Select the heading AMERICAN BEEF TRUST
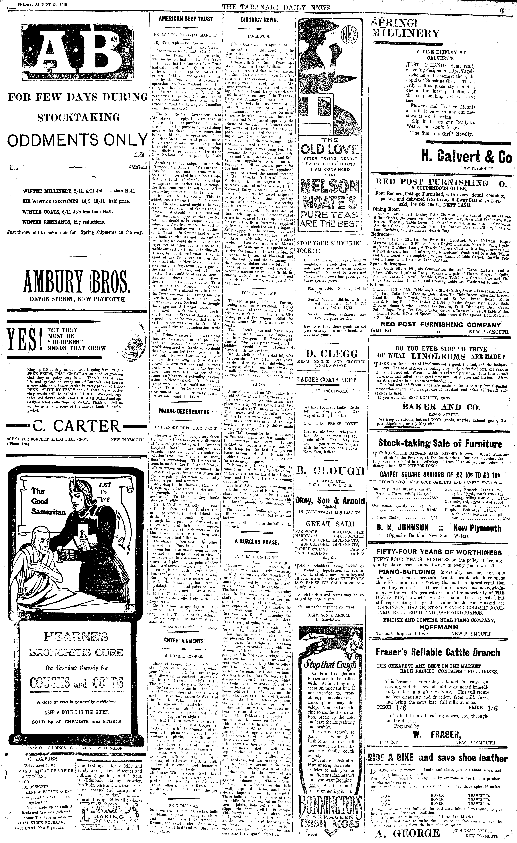pos(186,19)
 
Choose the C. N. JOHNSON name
pos(403,528)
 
